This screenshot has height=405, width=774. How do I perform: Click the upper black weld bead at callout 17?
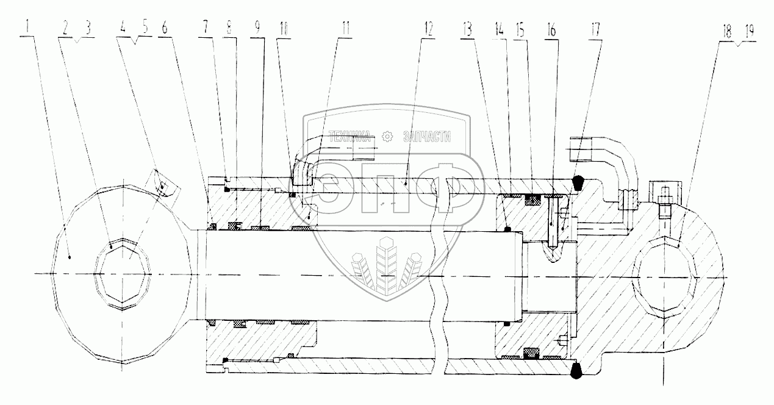578,181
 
